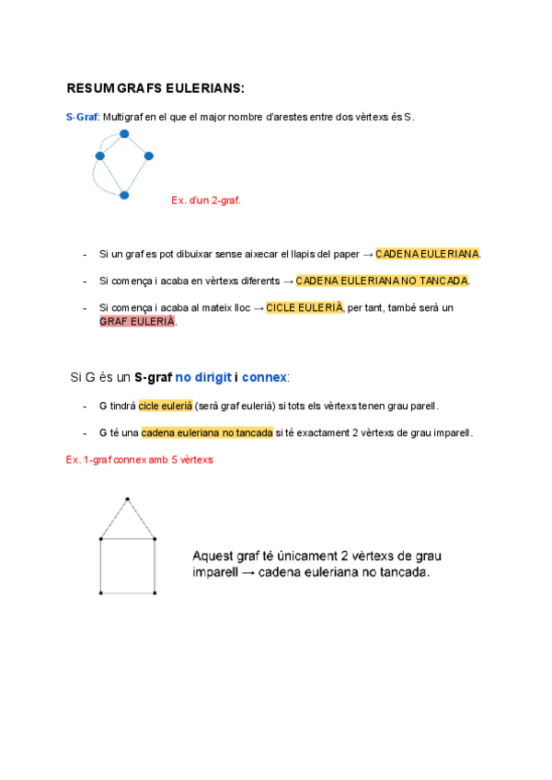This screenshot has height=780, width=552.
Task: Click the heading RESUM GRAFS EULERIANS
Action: (155, 88)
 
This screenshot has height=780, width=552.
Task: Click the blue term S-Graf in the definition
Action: (81, 117)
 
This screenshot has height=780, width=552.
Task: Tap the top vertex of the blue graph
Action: (124, 134)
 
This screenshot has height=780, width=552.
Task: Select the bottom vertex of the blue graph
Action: (124, 195)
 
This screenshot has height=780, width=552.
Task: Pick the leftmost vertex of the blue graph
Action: (100, 155)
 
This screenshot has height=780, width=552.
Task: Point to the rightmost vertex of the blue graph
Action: (148, 155)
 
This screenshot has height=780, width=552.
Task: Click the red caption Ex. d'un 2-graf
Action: (206, 200)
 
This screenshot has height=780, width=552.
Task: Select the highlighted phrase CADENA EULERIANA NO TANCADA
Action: (383, 281)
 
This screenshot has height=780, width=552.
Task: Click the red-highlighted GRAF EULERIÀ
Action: (137, 322)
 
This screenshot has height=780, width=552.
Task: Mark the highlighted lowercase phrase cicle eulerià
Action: (165, 406)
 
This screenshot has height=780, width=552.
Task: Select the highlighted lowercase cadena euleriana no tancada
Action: (207, 432)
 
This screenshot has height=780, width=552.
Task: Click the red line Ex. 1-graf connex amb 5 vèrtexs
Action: (140, 459)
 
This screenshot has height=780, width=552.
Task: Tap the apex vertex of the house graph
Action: (127, 499)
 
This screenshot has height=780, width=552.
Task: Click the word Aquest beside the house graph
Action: (213, 556)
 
